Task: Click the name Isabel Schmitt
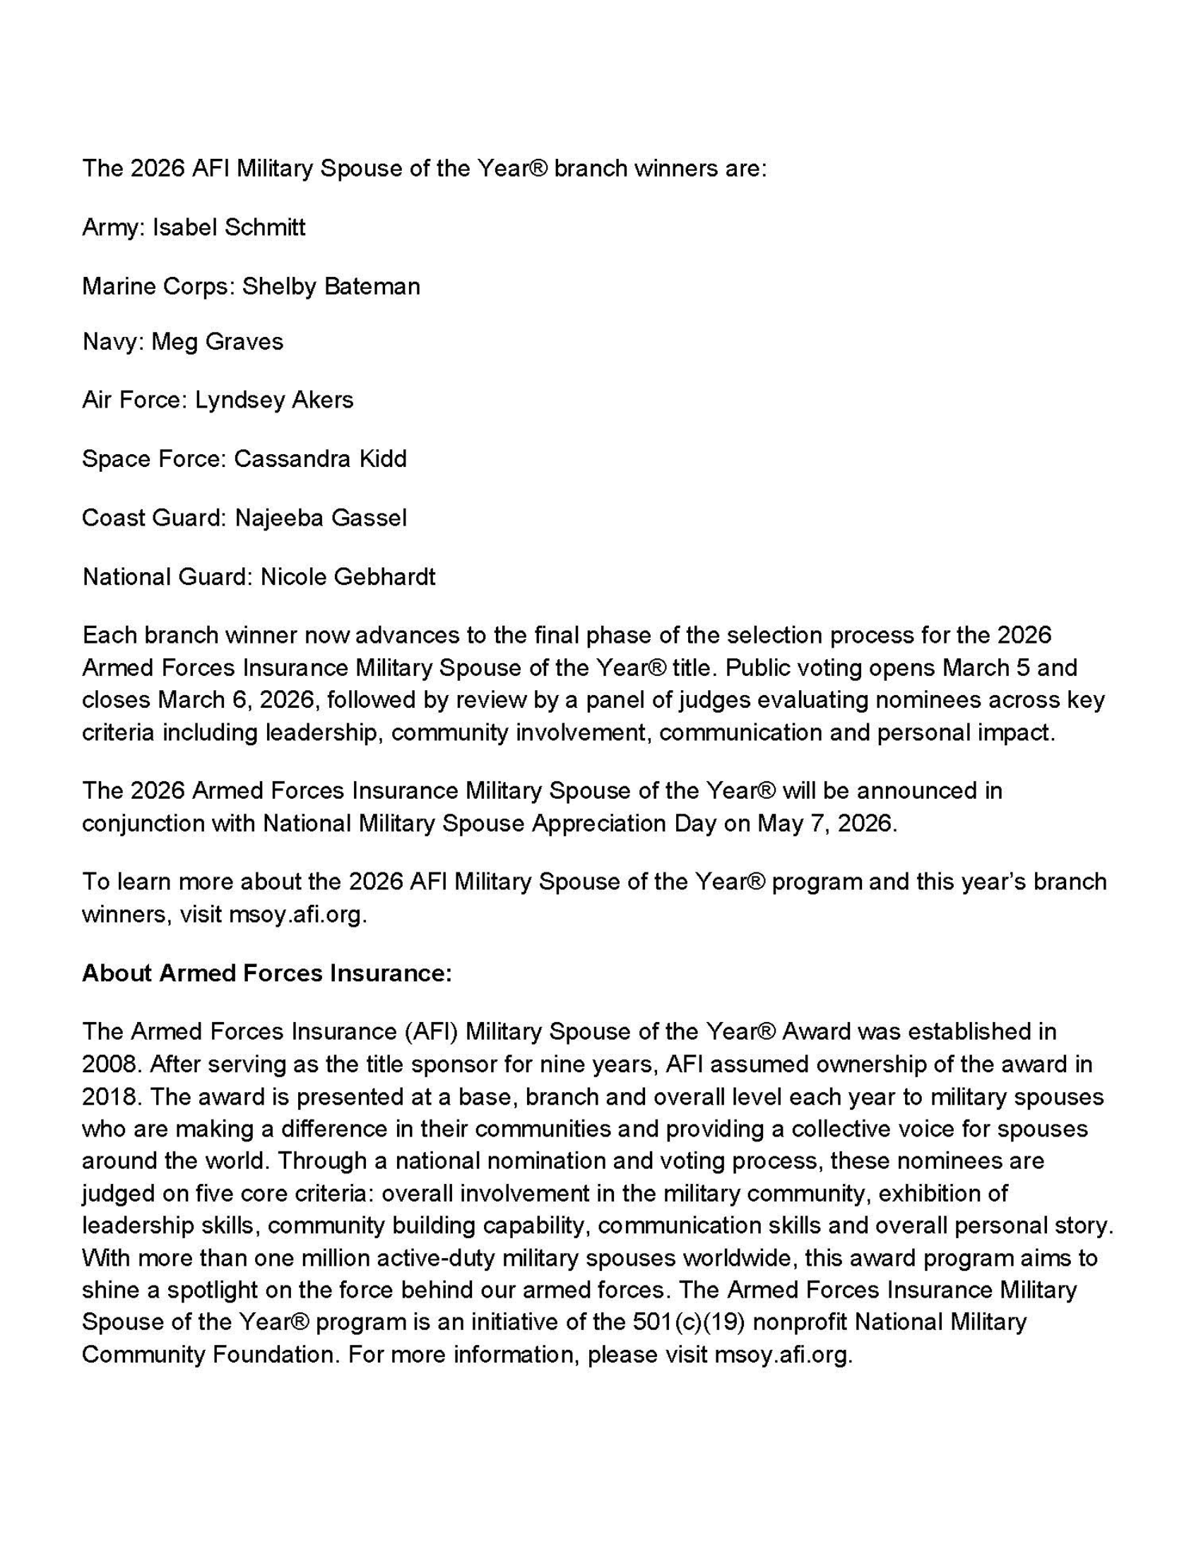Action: pyautogui.click(x=229, y=227)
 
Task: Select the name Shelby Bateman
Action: pyautogui.click(x=331, y=286)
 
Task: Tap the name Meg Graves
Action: pyautogui.click(x=217, y=342)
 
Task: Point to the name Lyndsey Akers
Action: pyautogui.click(x=274, y=400)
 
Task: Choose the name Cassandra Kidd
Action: pyautogui.click(x=320, y=459)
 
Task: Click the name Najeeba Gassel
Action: pyautogui.click(x=321, y=517)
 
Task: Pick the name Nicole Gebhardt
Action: pyautogui.click(x=348, y=576)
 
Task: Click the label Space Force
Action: pyautogui.click(x=153, y=459)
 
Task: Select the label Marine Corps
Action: pyautogui.click(x=157, y=286)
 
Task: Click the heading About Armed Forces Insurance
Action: pyautogui.click(x=267, y=973)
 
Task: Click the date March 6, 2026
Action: pyautogui.click(x=235, y=700)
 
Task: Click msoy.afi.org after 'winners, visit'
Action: pyautogui.click(x=297, y=914)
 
